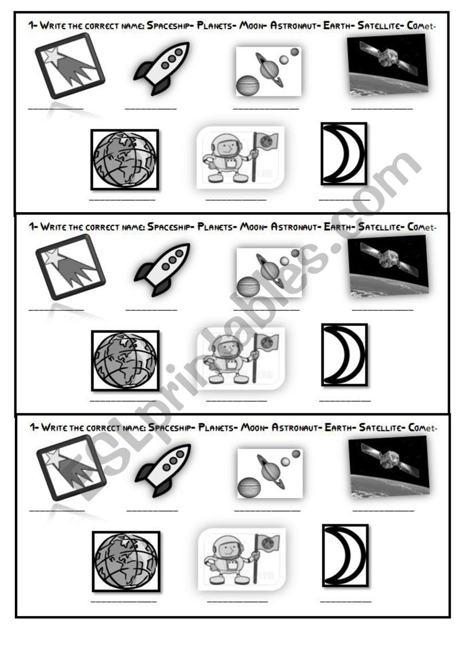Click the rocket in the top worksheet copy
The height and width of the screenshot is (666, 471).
click(x=162, y=68)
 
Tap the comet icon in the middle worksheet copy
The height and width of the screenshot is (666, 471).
click(x=71, y=267)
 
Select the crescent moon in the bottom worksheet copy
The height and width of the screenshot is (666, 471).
click(x=345, y=555)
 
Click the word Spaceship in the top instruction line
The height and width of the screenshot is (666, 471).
click(x=170, y=25)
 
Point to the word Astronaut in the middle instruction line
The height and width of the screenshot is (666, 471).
click(x=294, y=227)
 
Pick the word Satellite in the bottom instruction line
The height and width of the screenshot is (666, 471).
click(x=380, y=427)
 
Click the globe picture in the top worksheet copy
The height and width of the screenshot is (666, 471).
click(x=125, y=159)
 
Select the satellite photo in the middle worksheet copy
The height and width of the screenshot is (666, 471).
click(x=389, y=265)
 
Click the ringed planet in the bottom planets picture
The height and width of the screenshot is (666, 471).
click(x=270, y=471)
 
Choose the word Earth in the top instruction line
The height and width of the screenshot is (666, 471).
click(x=337, y=25)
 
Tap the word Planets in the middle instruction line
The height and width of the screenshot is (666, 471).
click(x=216, y=227)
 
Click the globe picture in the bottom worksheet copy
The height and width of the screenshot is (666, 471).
click(x=126, y=561)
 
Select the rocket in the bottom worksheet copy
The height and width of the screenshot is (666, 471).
click(x=163, y=469)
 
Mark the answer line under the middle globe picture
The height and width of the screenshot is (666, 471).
click(x=123, y=400)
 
